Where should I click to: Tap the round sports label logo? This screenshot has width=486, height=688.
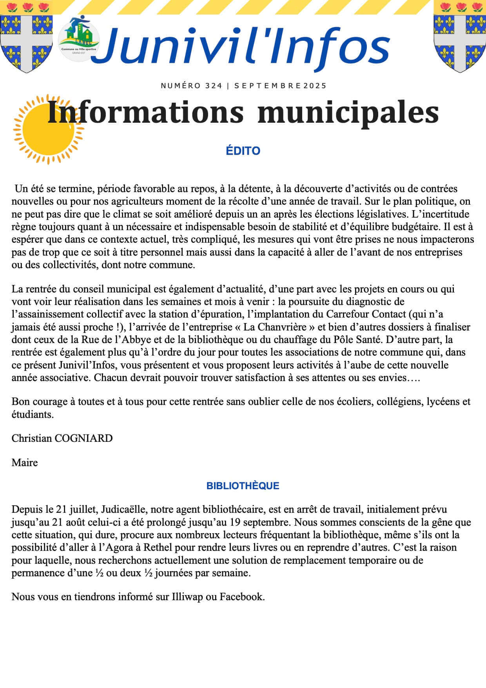[x=78, y=39]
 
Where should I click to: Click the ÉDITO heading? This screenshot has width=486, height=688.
[x=243, y=151]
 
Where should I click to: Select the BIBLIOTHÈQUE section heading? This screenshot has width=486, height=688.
[x=243, y=486]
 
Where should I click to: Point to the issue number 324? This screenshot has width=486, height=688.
[x=214, y=86]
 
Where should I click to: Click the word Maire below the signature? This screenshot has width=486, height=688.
[x=25, y=463]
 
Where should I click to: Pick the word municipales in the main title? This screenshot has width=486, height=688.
[x=348, y=113]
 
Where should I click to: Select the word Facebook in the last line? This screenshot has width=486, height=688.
[x=241, y=597]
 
